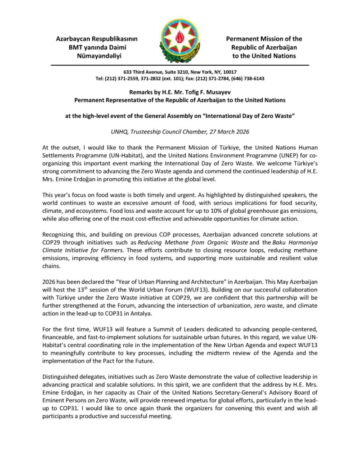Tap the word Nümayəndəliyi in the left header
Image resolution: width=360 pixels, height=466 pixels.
[99, 56]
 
